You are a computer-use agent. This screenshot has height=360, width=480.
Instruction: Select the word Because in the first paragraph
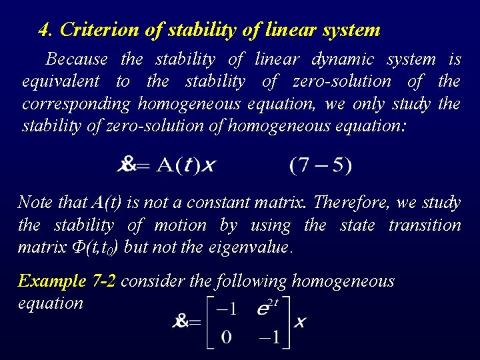(x=77, y=59)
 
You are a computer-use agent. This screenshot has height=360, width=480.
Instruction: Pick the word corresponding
(x=77, y=105)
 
